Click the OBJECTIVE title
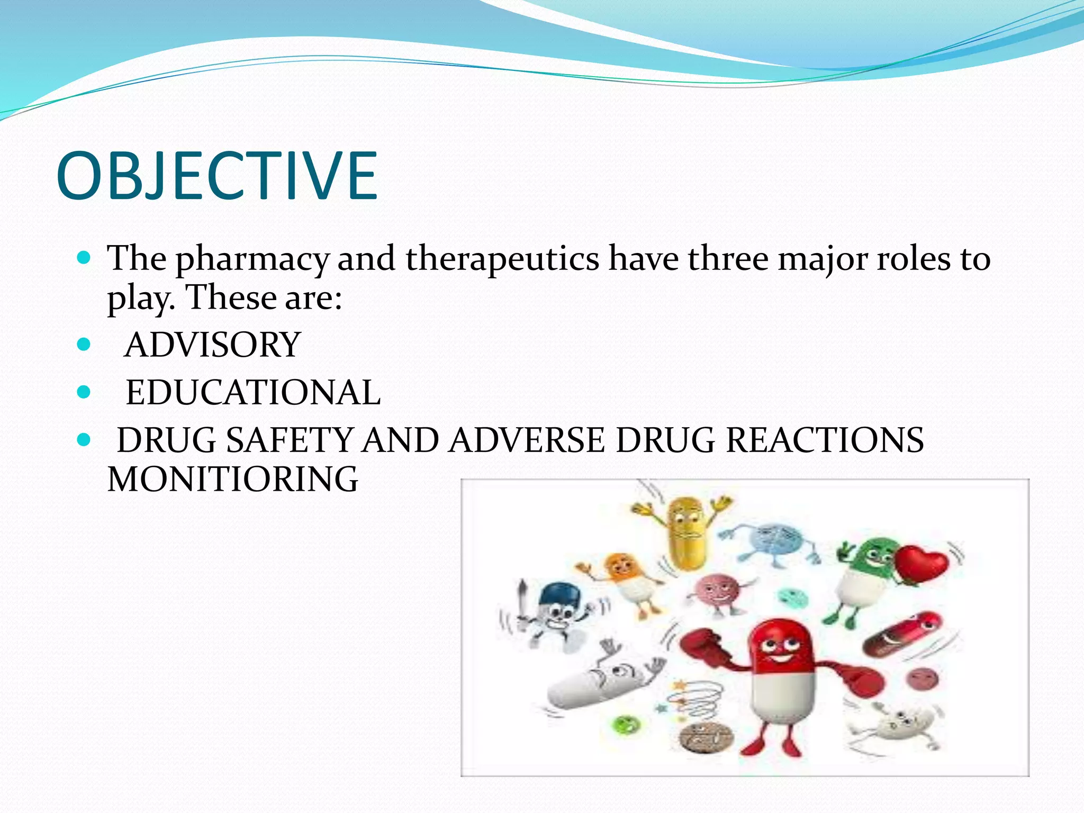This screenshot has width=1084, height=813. coord(217,176)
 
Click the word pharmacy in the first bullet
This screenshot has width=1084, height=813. coord(252,259)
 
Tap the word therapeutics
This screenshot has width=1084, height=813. coord(502,259)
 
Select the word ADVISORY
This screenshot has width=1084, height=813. coord(212,345)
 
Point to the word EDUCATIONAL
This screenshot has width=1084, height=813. coord(253,393)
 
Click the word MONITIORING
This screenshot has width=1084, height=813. coord(233,480)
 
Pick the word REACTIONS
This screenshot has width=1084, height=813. coord(824,440)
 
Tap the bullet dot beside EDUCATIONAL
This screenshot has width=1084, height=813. coord(84,393)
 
